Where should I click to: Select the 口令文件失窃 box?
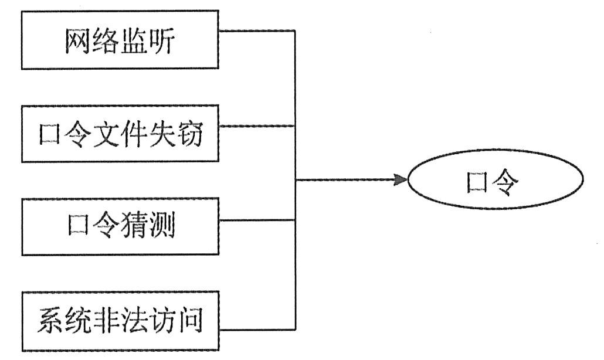[120, 134]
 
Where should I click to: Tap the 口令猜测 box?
[120, 226]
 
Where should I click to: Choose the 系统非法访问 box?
[120, 321]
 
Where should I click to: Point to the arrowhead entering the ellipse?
[400, 179]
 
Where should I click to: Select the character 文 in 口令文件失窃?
[107, 135]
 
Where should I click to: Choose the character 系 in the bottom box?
[52, 321]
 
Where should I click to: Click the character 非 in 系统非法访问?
[107, 321]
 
